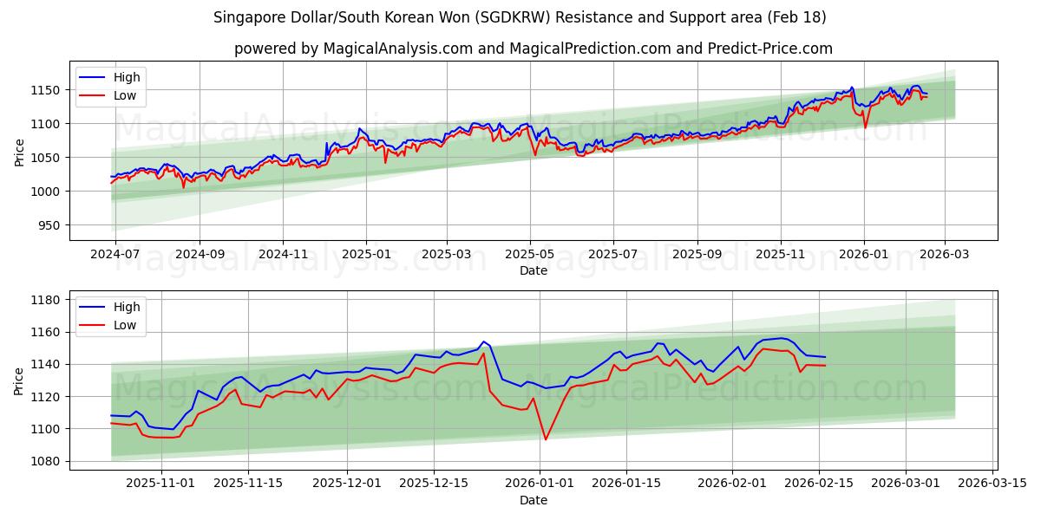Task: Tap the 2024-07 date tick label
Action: (116, 255)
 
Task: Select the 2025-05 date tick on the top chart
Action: (529, 255)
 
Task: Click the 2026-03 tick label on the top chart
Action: (944, 255)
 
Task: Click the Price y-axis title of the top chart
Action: (19, 151)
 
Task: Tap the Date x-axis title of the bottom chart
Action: (533, 500)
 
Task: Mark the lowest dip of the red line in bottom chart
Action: (546, 439)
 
